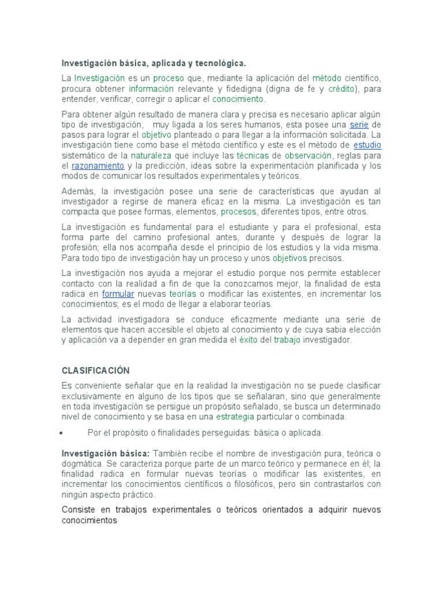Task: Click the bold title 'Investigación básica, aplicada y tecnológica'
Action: click(x=153, y=62)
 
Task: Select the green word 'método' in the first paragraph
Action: click(x=326, y=78)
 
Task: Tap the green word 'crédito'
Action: click(x=342, y=89)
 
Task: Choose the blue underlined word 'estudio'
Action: click(x=367, y=145)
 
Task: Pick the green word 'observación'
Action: click(x=308, y=156)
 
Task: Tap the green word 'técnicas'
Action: click(x=253, y=156)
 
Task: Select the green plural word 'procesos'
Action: click(x=239, y=211)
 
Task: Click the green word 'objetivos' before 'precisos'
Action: click(x=290, y=258)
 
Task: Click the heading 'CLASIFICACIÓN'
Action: click(x=96, y=370)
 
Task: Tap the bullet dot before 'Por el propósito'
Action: click(x=61, y=433)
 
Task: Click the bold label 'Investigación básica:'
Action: click(x=106, y=453)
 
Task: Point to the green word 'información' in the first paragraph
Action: click(x=151, y=89)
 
